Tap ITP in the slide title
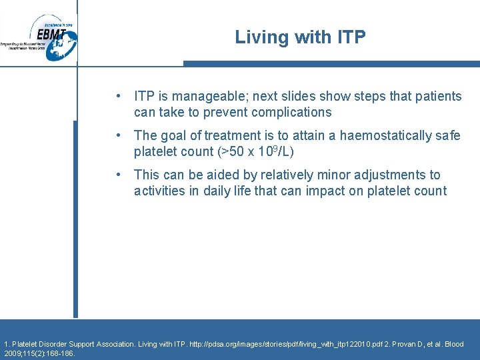(350, 37)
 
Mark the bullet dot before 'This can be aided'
(118, 175)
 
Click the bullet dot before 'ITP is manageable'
(118, 97)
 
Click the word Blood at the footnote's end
(453, 344)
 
